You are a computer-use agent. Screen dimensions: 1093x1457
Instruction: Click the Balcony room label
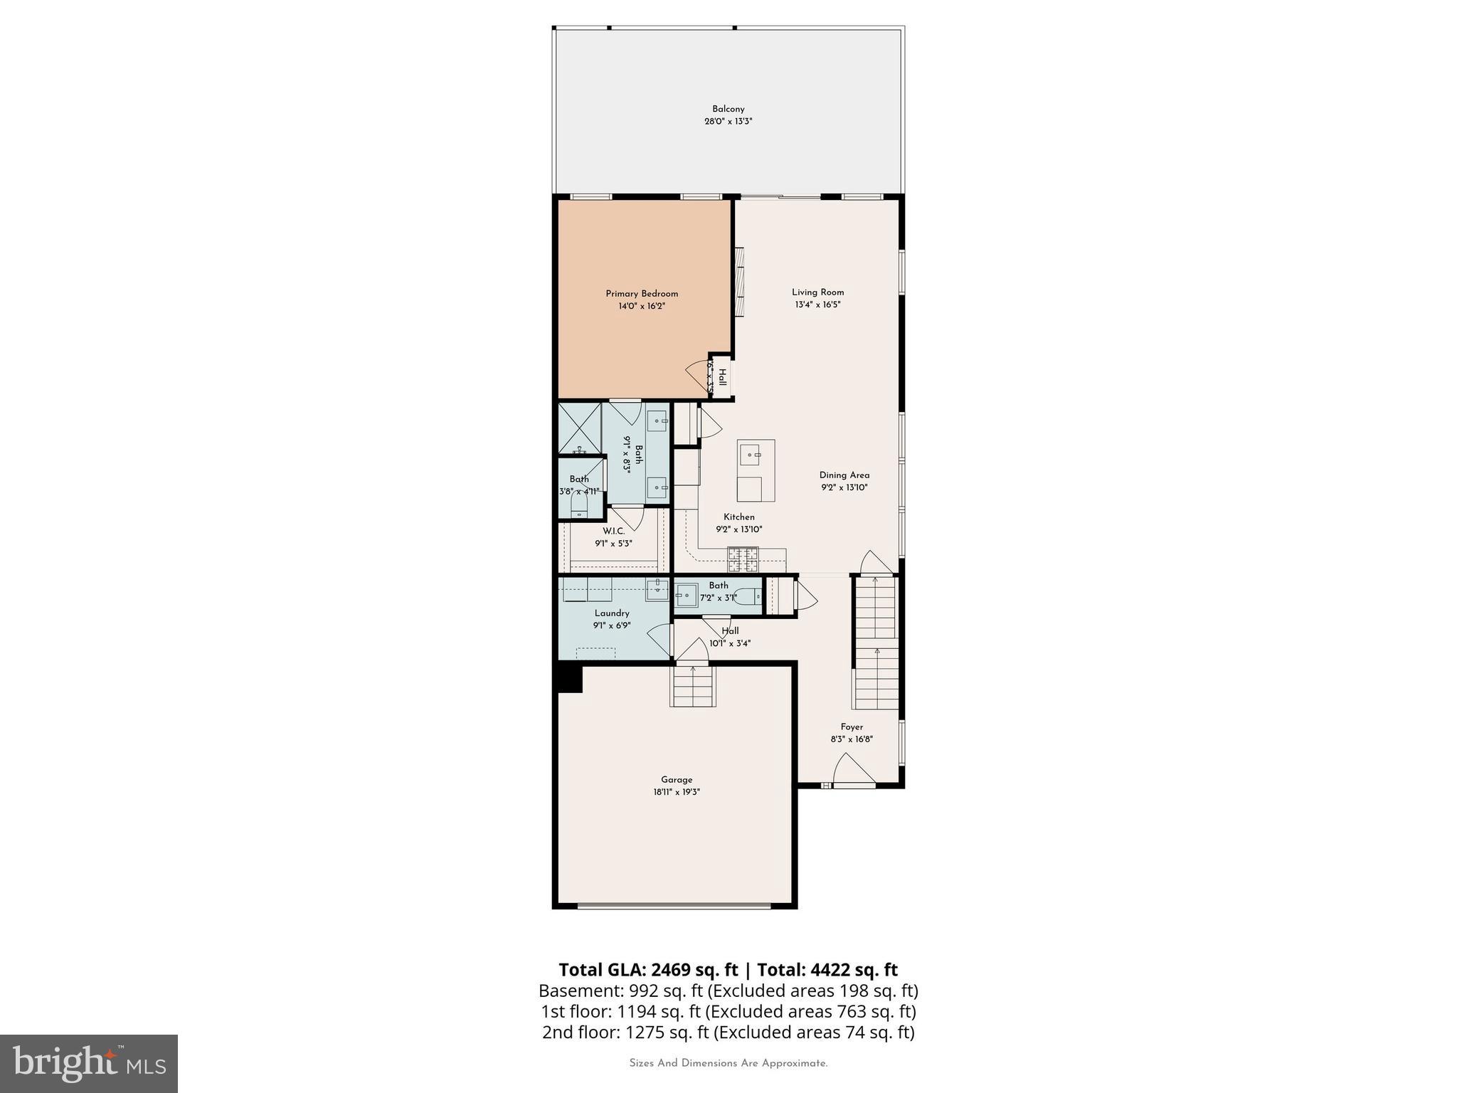pyautogui.click(x=728, y=109)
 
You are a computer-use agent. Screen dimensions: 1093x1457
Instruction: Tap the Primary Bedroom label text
pyautogui.click(x=642, y=293)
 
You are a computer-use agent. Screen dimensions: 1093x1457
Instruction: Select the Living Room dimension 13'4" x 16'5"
pyautogui.click(x=818, y=305)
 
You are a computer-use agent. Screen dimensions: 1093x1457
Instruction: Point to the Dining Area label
pyautogui.click(x=844, y=475)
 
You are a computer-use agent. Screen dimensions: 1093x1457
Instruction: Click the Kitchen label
pyautogui.click(x=739, y=517)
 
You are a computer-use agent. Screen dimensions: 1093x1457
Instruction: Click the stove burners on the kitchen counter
pyautogui.click(x=743, y=559)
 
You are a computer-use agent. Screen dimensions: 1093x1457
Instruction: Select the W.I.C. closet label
pyautogui.click(x=613, y=532)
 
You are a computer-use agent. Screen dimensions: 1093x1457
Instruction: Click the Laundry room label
pyautogui.click(x=612, y=613)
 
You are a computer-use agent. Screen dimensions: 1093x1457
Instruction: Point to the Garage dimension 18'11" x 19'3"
pyautogui.click(x=677, y=792)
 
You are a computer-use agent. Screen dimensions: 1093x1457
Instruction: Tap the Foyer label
pyautogui.click(x=852, y=727)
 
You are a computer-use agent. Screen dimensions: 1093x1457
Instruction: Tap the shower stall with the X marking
pyautogui.click(x=579, y=428)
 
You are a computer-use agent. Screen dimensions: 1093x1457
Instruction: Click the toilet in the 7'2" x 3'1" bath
pyautogui.click(x=748, y=596)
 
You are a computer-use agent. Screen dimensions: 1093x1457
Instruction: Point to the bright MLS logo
pyautogui.click(x=89, y=1063)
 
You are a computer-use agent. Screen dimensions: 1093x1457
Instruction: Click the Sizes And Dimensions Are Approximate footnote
pyautogui.click(x=728, y=1063)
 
